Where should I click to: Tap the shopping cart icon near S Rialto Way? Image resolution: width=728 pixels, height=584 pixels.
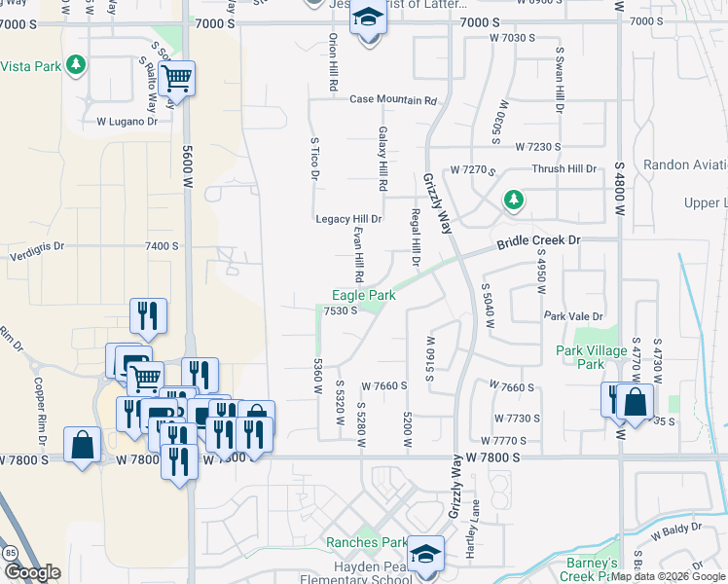[x=177, y=78]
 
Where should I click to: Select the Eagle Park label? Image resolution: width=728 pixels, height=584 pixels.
[x=364, y=294]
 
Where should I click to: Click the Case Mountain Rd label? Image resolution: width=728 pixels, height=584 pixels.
[x=393, y=100]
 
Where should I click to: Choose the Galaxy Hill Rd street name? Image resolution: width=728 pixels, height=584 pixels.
[x=383, y=158]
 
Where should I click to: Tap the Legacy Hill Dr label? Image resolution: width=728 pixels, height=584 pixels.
[x=348, y=219]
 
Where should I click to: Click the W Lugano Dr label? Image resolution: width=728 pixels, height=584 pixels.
[x=127, y=122]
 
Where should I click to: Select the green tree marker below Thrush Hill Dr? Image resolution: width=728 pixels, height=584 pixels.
[x=513, y=201]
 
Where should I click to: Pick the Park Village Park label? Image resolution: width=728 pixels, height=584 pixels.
[x=593, y=357]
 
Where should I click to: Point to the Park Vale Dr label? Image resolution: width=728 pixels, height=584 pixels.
[x=573, y=316]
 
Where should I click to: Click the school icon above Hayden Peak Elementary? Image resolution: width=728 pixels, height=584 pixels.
[x=425, y=553]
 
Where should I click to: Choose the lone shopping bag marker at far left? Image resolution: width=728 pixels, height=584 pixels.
[x=83, y=445]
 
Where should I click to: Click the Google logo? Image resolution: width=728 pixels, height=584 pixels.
[x=31, y=572]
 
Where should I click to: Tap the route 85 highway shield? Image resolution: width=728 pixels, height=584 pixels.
[x=10, y=552]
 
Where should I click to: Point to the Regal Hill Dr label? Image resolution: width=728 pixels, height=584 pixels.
[x=416, y=239]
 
